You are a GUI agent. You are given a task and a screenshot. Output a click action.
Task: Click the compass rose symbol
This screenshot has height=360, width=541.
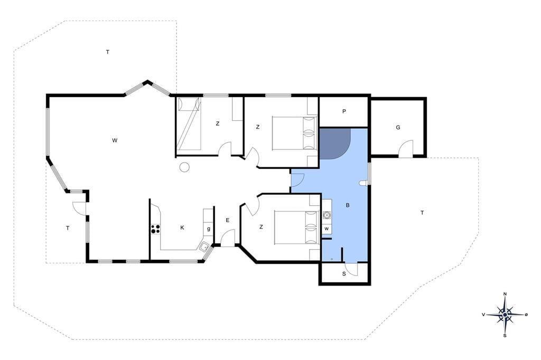pyautogui.click(x=505, y=315)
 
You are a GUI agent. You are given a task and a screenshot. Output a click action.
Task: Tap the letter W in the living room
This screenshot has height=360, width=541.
pyautogui.click(x=115, y=140)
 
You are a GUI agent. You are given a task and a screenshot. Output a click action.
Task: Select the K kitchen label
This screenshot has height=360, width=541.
pyautogui.click(x=182, y=228)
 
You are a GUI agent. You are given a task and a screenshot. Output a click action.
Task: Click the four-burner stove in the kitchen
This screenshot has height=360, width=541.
pyautogui.click(x=155, y=229)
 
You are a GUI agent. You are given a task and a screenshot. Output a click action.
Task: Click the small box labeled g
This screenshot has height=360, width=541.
pyautogui.click(x=208, y=229)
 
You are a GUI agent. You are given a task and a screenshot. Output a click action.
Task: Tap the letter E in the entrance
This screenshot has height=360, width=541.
pyautogui.click(x=227, y=220)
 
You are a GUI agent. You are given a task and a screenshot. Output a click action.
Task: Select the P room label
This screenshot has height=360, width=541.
pyautogui.click(x=344, y=111)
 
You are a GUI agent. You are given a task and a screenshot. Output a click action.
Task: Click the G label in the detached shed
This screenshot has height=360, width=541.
pyautogui.click(x=398, y=128)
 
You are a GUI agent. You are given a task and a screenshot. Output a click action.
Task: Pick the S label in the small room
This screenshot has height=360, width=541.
pyautogui.click(x=344, y=274)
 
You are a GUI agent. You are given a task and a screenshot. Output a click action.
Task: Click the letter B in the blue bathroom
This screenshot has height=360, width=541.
pyautogui.click(x=348, y=205)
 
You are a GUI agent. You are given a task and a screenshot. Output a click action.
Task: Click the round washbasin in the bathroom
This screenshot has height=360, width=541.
pyautogui.click(x=327, y=215)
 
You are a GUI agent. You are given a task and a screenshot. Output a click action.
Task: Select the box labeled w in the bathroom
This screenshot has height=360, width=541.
pyautogui.click(x=327, y=229)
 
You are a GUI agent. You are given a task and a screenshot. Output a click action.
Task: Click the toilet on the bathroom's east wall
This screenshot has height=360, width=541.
pyautogui.click(x=363, y=183)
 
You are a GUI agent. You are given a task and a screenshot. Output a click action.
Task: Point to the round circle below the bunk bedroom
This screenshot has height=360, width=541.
pyautogui.click(x=184, y=167)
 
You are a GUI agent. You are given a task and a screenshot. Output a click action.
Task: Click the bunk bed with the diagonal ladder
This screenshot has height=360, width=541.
pyautogui.click(x=189, y=124)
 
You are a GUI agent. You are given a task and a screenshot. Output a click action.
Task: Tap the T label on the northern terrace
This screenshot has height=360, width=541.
pyautogui.click(x=108, y=52)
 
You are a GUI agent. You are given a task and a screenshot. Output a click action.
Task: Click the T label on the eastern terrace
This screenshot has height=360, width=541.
pyautogui.click(x=422, y=213)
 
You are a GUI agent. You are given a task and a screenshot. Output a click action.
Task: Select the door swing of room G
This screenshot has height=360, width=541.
pyautogui.click(x=406, y=149)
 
